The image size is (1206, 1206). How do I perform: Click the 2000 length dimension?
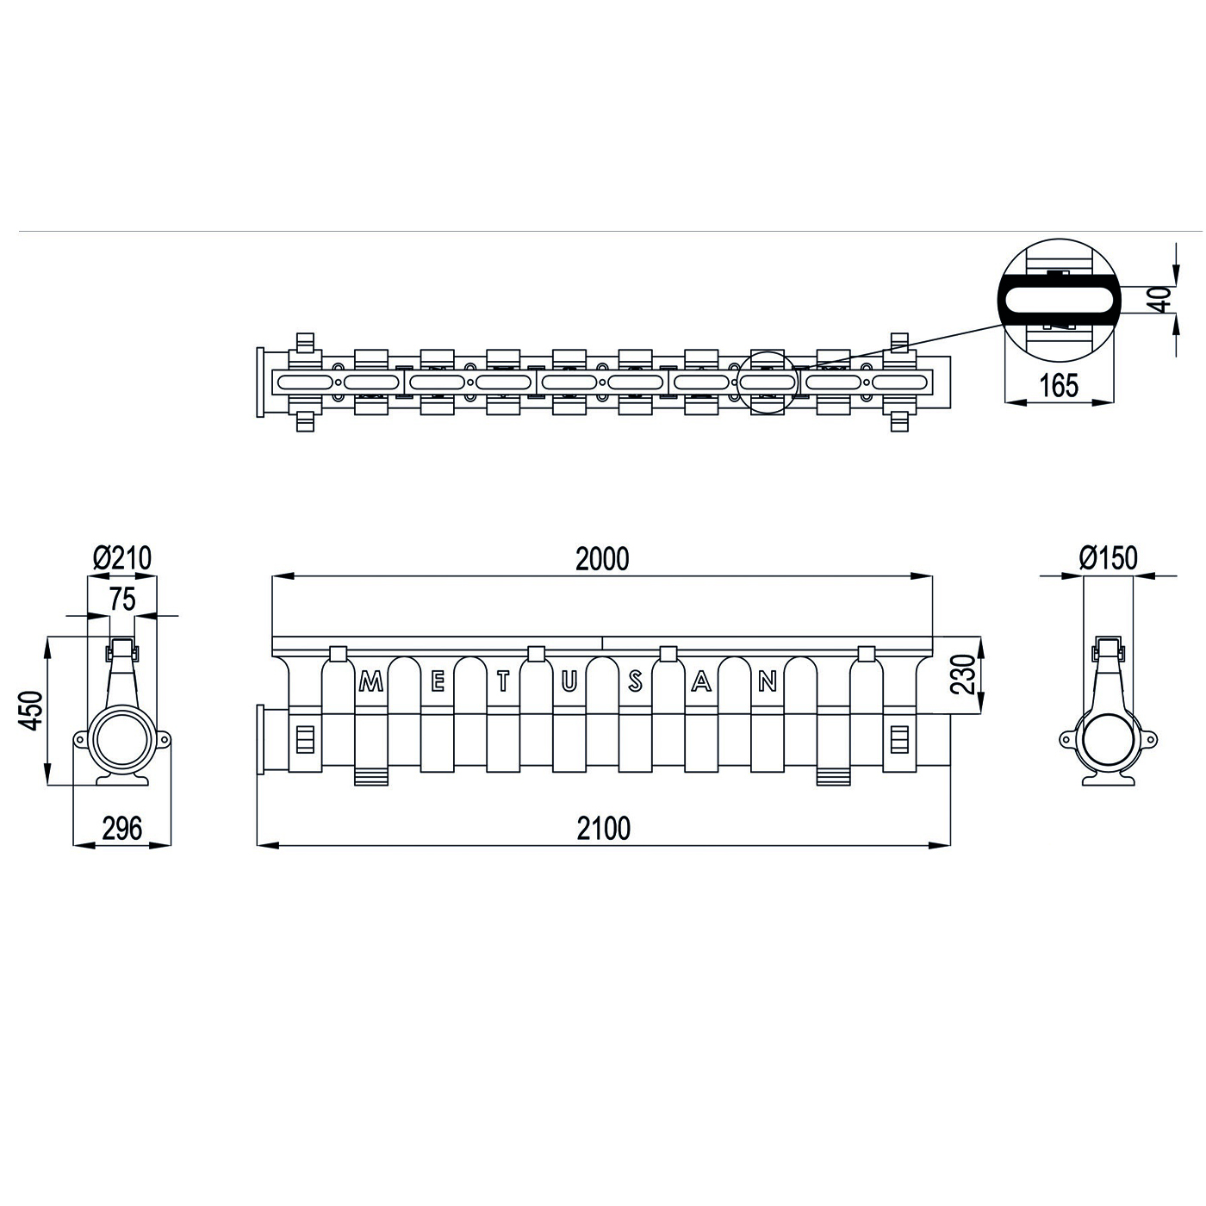tap(601, 559)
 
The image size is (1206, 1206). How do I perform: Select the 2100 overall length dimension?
tap(603, 828)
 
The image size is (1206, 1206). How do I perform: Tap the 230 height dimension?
tap(963, 674)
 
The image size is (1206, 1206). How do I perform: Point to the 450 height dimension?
tap(31, 711)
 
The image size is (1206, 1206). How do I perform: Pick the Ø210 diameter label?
tap(122, 557)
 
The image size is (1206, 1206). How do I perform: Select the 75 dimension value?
tap(122, 599)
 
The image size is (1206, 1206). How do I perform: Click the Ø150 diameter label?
tap(1109, 557)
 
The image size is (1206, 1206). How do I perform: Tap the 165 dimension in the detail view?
tap(1059, 386)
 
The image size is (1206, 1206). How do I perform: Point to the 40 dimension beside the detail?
tap(1161, 299)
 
